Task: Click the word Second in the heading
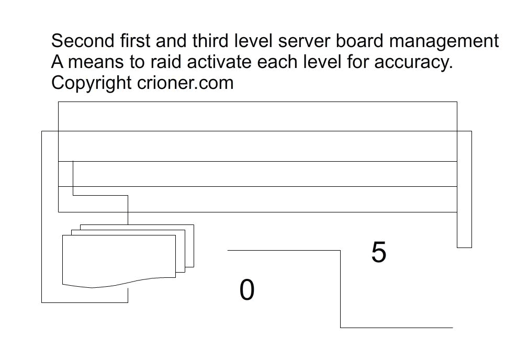pyautogui.click(x=83, y=41)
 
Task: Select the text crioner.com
pyautogui.click(x=185, y=83)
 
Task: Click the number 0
pyautogui.click(x=247, y=289)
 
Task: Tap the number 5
pyautogui.click(x=379, y=252)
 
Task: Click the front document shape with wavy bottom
pyautogui.click(x=119, y=261)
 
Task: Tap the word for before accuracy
pyautogui.click(x=358, y=62)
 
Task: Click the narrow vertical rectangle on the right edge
pyautogui.click(x=464, y=189)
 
